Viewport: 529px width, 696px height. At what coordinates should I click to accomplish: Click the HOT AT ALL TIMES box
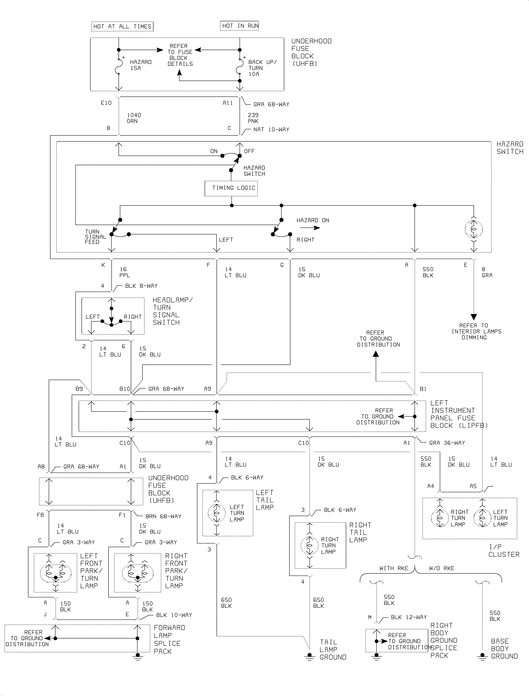pyautogui.click(x=122, y=26)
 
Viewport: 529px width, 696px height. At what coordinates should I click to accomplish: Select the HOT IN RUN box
pyautogui.click(x=239, y=26)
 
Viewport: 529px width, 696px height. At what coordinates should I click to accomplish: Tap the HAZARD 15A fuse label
pyautogui.click(x=140, y=65)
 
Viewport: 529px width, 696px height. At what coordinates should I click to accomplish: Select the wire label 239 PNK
pyautogui.click(x=253, y=118)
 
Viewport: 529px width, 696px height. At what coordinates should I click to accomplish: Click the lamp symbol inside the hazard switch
pyautogui.click(x=474, y=229)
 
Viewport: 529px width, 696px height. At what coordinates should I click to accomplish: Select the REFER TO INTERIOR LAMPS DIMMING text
pyautogui.click(x=476, y=331)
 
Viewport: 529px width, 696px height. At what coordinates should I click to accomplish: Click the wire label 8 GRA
pyautogui.click(x=487, y=272)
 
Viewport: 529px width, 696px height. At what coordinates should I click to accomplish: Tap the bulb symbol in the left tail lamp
pyautogui.click(x=217, y=513)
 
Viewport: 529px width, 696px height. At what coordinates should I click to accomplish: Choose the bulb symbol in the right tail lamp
pyautogui.click(x=310, y=545)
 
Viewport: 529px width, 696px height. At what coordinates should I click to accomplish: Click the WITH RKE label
pyautogui.click(x=394, y=568)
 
